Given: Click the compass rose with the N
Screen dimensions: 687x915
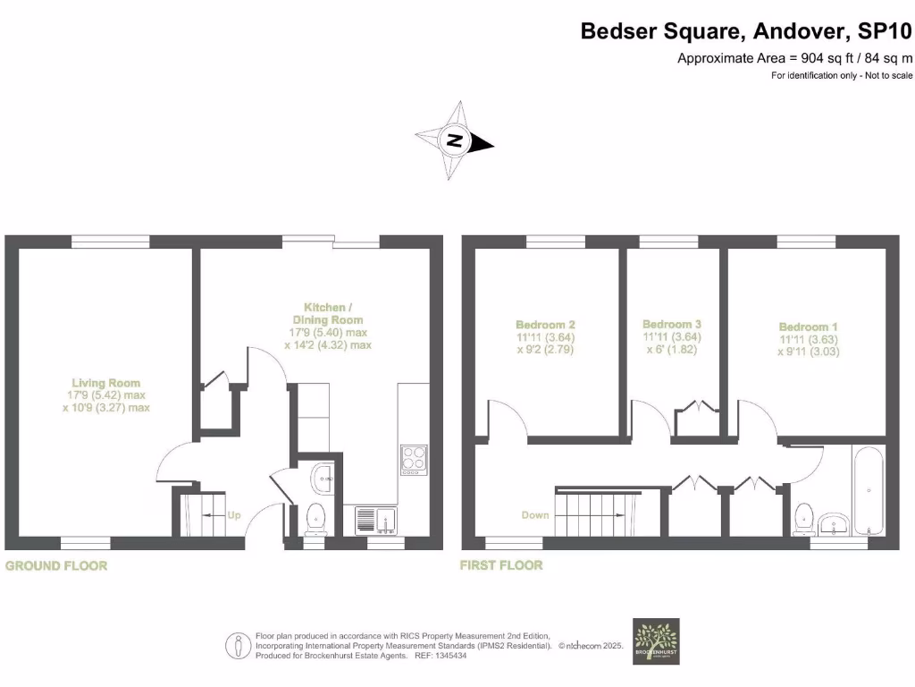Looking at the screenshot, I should click(x=454, y=141).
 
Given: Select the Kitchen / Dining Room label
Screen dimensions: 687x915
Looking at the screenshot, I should click(x=328, y=313).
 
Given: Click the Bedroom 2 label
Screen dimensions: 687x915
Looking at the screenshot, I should click(x=545, y=325).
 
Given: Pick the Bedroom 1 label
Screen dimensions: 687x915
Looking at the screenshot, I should click(x=808, y=327).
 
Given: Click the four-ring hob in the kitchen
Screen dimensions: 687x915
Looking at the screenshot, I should click(x=413, y=458).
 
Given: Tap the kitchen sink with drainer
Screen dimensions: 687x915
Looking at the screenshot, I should click(x=375, y=520).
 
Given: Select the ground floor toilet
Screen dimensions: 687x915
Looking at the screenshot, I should click(x=315, y=517).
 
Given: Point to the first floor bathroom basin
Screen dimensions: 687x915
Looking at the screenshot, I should click(x=836, y=524).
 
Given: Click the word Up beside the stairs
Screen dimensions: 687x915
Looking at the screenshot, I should click(x=234, y=515).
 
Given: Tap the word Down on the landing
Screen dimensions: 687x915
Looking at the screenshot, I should click(x=535, y=515).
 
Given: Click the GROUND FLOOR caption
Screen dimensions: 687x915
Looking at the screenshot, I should click(x=56, y=565).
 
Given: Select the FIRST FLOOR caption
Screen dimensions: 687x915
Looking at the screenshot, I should click(x=501, y=565).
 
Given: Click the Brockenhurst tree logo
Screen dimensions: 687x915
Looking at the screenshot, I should click(x=656, y=640).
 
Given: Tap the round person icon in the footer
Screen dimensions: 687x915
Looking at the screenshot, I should click(x=238, y=644).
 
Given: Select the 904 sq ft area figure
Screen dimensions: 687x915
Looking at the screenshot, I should click(x=824, y=59).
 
